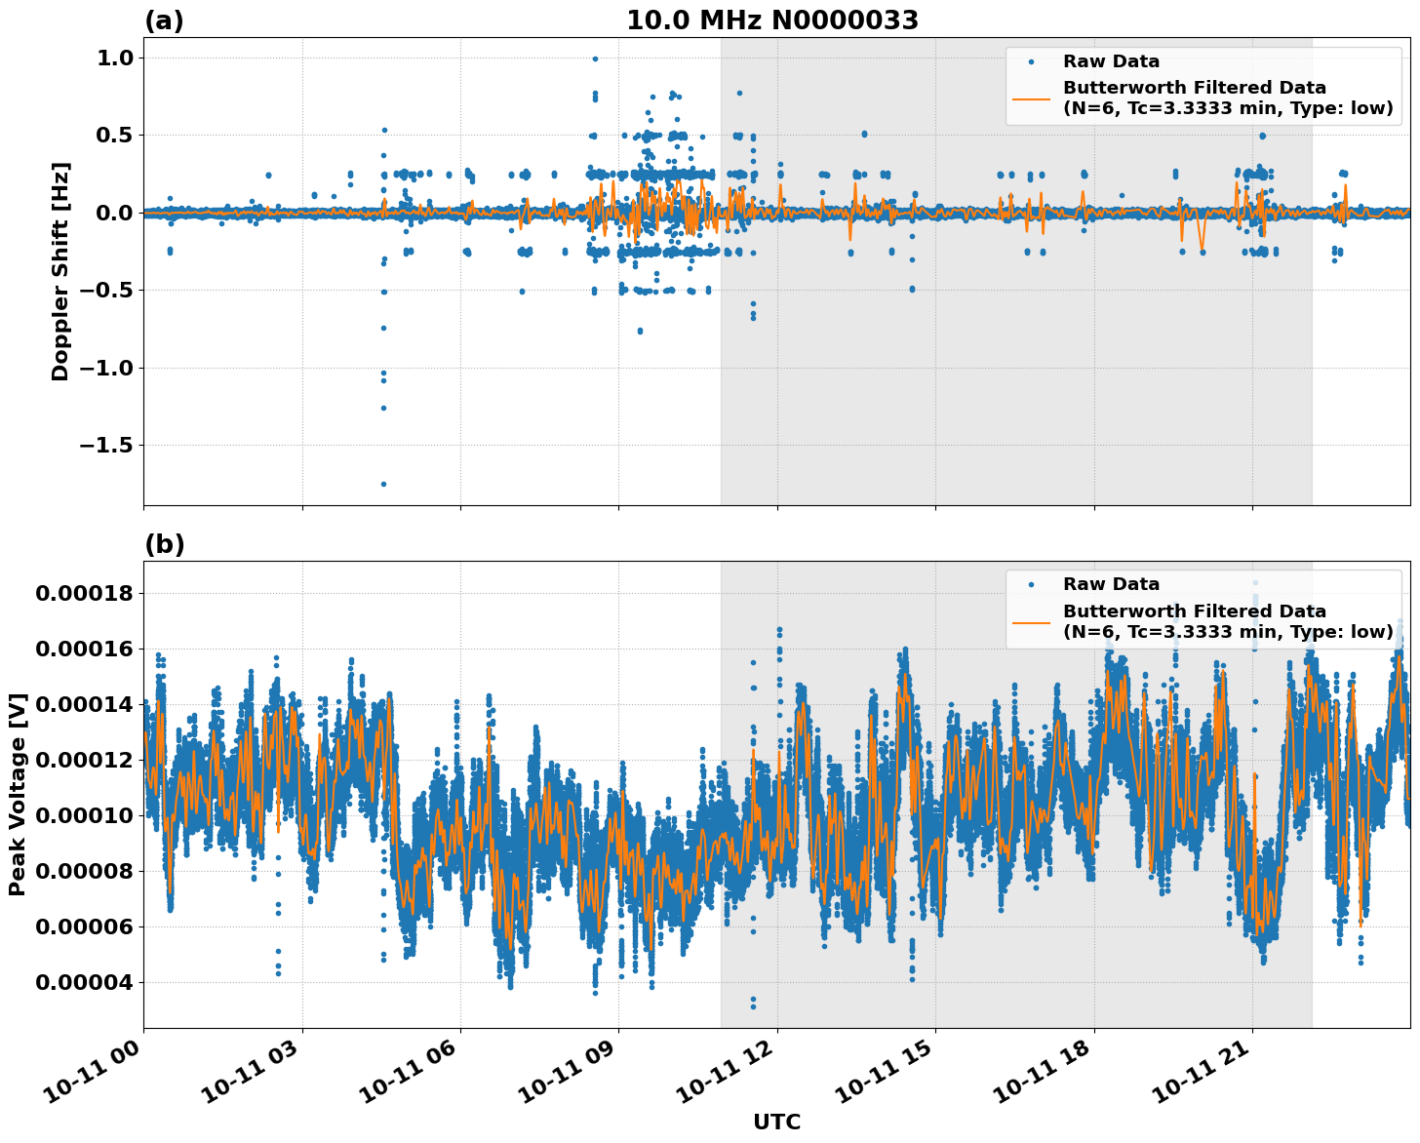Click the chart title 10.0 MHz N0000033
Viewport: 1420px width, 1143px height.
(x=771, y=20)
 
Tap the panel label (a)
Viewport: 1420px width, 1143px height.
(x=164, y=20)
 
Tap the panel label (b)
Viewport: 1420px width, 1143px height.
(x=164, y=544)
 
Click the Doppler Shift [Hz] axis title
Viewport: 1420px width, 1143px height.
(x=60, y=271)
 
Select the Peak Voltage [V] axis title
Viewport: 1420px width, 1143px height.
(x=17, y=794)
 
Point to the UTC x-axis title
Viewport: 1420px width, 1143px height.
(x=776, y=1122)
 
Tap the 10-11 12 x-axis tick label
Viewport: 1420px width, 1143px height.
(x=729, y=1079)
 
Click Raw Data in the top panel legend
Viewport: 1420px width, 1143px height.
(x=1111, y=61)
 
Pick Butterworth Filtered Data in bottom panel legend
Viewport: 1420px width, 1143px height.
(x=1194, y=611)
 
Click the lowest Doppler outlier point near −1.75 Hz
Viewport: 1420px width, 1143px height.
(x=383, y=484)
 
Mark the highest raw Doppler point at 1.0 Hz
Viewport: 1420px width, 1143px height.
(x=595, y=59)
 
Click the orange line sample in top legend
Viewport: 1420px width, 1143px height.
(x=1031, y=99)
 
